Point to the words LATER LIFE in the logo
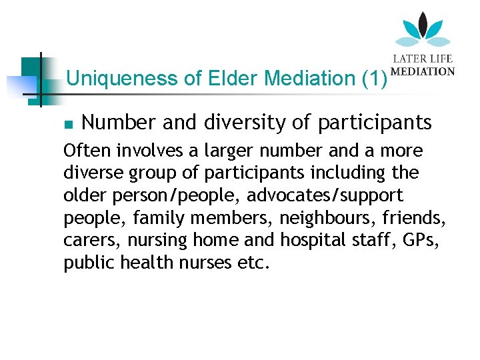coord(423,59)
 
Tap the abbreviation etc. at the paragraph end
coord(254,263)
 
